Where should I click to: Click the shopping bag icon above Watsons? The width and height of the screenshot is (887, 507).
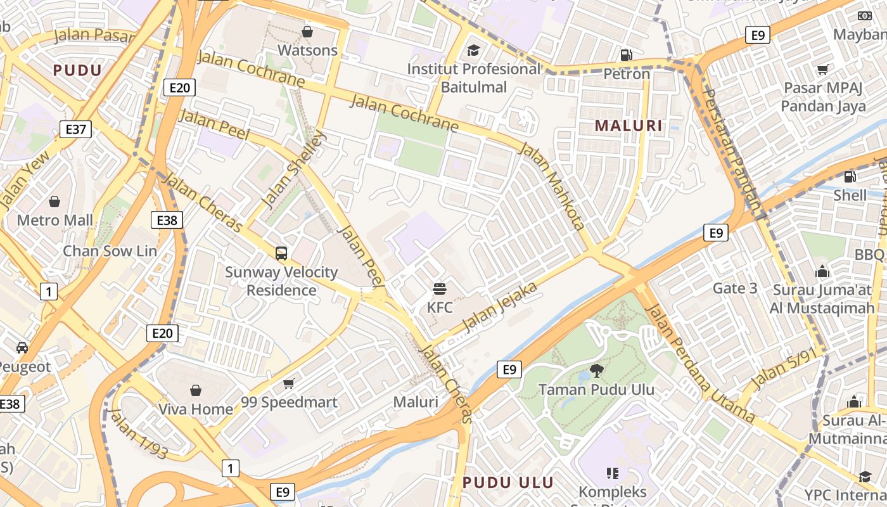307,31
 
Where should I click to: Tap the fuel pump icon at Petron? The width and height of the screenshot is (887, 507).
627,55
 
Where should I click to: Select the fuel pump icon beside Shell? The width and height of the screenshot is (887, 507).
850,177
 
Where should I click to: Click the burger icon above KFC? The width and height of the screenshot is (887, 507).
440,289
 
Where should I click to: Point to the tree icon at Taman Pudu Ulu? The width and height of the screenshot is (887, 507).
596,370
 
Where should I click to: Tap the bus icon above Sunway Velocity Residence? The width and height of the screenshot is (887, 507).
281,253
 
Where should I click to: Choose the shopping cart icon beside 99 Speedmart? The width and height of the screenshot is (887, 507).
289,383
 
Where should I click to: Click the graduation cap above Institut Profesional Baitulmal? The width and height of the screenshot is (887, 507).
473,50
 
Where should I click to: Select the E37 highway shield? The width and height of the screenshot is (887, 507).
75,130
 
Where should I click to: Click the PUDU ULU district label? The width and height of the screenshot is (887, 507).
508,482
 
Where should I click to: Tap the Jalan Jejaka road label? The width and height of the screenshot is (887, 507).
500,307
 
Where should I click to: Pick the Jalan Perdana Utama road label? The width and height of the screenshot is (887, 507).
699,364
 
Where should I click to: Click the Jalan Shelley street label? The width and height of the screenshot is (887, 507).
294,169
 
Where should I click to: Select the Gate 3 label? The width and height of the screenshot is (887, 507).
735,288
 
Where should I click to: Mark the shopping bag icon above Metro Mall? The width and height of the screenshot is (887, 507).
54,202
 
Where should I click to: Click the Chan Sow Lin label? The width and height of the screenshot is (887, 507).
110,251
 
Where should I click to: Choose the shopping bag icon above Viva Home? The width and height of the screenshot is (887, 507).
196,390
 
